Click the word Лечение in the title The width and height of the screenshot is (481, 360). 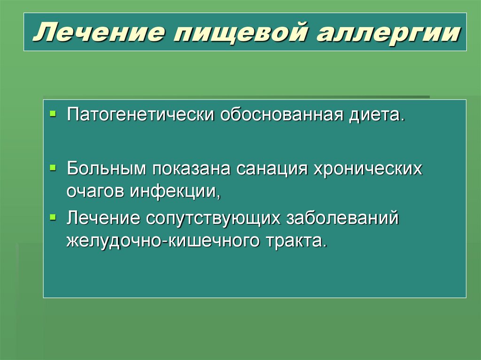pos(96,34)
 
